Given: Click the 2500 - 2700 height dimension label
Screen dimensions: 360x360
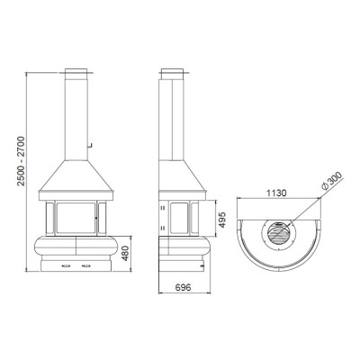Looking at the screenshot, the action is click(x=21, y=161).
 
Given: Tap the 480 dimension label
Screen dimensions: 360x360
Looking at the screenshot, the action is click(x=125, y=253).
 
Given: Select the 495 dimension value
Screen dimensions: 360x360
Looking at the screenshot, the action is click(x=221, y=220).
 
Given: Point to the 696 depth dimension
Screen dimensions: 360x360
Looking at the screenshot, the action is click(x=183, y=287).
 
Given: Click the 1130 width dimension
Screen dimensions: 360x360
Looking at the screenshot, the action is click(x=276, y=193).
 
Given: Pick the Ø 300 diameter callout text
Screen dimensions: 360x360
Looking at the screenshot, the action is click(x=331, y=181).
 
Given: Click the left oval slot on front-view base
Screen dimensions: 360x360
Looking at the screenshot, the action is click(x=66, y=265).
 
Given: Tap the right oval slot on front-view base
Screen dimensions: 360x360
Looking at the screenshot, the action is click(x=86, y=265).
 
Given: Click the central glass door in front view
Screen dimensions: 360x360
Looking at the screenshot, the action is click(x=76, y=218).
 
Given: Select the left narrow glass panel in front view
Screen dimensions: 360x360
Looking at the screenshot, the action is click(x=49, y=218).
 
